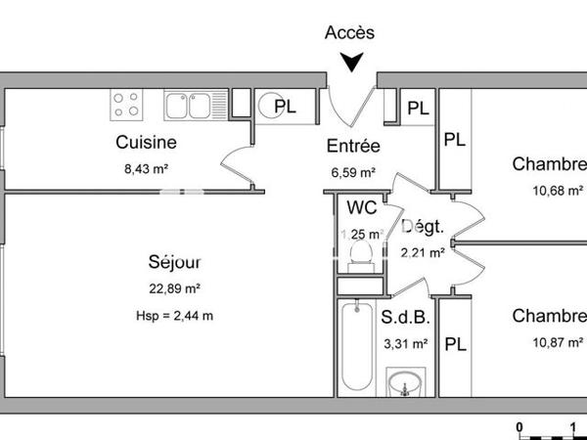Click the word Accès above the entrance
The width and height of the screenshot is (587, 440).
pos(349,32)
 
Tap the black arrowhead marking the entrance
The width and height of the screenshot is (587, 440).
pos(350,64)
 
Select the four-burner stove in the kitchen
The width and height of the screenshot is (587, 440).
pos(126,103)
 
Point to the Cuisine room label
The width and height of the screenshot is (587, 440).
pos(146,143)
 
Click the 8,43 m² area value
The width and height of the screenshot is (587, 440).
pos(146,168)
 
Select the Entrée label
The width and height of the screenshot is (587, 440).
pos(352,147)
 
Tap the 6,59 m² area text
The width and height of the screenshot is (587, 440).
pos(353,173)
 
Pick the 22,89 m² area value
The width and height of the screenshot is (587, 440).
pos(175,288)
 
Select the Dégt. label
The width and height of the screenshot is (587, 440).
pos(424,227)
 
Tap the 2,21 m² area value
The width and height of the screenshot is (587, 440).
pos(424,252)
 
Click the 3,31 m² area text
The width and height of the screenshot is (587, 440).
pos(404,343)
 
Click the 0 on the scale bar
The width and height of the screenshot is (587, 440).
pos(520,426)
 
